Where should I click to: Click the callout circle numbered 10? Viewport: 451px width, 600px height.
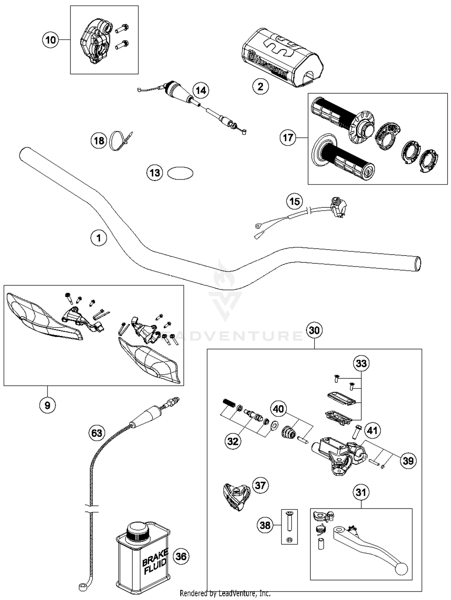(x=51, y=40)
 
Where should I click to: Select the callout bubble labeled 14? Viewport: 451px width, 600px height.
(x=201, y=90)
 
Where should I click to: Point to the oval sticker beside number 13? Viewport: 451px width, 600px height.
(x=180, y=173)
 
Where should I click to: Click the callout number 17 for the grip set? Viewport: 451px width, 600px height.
(x=288, y=138)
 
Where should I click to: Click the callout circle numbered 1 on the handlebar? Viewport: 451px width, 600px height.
(x=99, y=238)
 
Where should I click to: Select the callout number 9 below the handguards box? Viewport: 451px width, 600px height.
(x=48, y=405)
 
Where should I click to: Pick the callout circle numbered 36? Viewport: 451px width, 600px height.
(x=181, y=556)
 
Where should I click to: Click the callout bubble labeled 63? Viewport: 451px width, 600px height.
(x=97, y=433)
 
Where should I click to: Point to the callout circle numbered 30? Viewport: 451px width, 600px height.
(x=314, y=330)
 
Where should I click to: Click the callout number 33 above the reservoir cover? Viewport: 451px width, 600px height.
(x=361, y=363)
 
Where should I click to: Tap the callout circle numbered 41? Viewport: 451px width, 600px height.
(x=373, y=431)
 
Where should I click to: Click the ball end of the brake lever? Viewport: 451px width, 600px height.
(x=401, y=569)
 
